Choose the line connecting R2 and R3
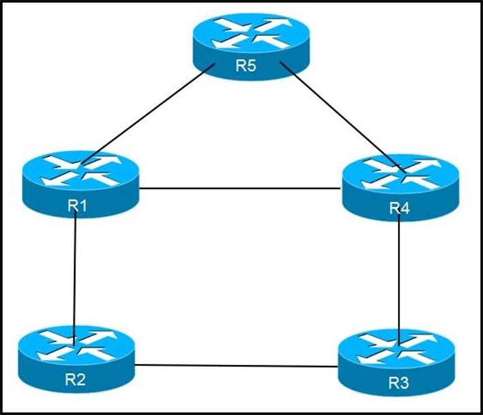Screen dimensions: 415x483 (x=236, y=366)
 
